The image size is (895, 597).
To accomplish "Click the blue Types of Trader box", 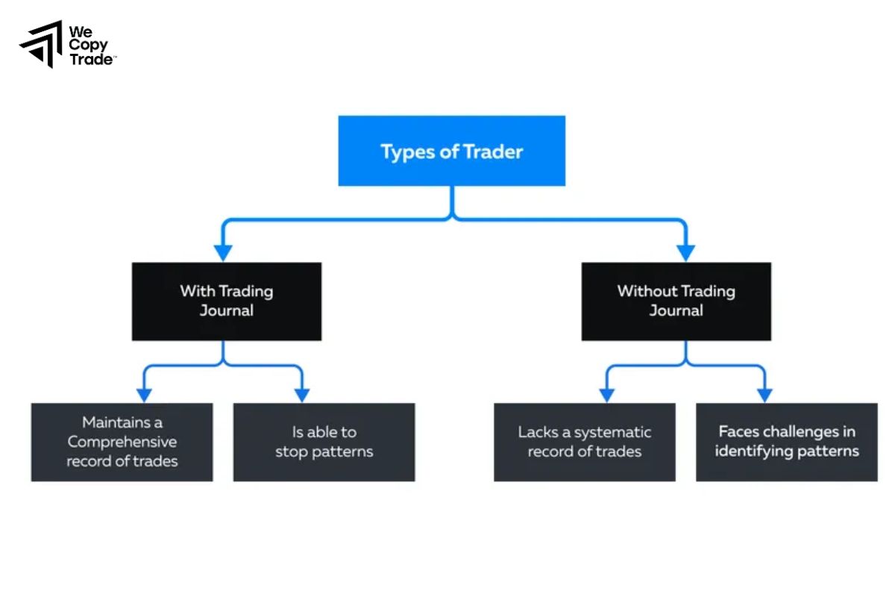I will pos(451,151).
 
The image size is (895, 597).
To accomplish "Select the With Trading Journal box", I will pos(227,301).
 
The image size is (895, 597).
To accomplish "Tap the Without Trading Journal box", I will pos(676,301).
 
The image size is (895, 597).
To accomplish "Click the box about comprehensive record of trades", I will pos(122,442).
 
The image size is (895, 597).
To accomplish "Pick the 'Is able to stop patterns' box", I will pos(324,442).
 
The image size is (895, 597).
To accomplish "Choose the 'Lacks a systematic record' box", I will pos(585,442).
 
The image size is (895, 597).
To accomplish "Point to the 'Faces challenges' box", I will pos(787,442).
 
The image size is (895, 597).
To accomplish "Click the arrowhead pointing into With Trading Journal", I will pos(222,252).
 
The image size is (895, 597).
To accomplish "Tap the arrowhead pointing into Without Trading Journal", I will pos(685,252).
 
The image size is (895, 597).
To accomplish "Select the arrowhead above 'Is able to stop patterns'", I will pos(301,394).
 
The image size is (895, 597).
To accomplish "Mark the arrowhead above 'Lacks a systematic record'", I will pos(607,394).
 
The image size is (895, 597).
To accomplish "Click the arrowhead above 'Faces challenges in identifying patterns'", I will pos(764,394).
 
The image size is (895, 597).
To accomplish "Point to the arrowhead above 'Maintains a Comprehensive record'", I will pos(144,394).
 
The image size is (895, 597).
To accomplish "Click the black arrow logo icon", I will pos(41,44).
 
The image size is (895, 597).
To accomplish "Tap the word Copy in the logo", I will pos(88,46).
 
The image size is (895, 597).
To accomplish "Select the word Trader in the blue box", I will pos(493,151).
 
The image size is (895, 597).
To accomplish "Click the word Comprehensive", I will pos(122,442).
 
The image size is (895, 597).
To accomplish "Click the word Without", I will pos(647,291).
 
